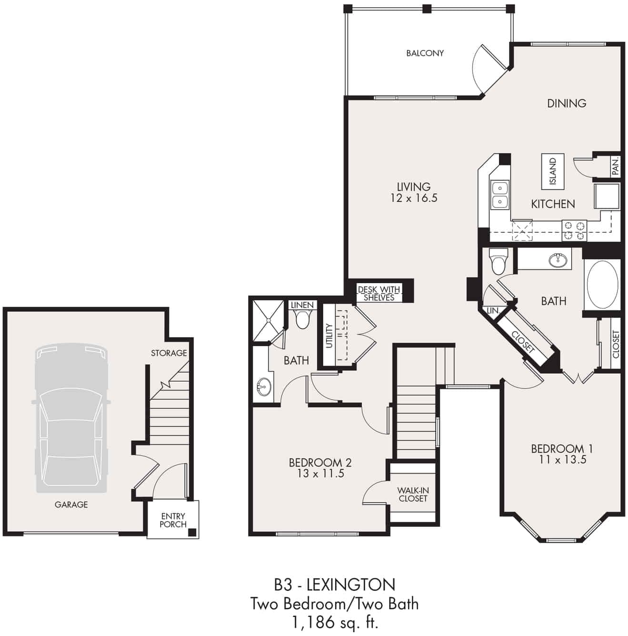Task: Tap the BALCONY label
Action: [x=425, y=53]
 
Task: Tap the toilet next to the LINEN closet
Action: [x=302, y=318]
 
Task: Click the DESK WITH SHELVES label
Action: [x=379, y=293]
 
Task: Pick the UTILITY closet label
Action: [x=329, y=336]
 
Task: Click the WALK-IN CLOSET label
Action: [x=413, y=495]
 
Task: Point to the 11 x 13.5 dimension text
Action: [x=562, y=460]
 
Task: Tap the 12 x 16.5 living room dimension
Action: [x=413, y=198]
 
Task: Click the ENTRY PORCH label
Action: [x=173, y=520]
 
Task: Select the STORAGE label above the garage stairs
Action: [x=169, y=353]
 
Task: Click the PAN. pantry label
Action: [x=615, y=166]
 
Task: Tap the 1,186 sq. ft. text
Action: [x=334, y=622]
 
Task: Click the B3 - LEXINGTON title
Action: [x=334, y=584]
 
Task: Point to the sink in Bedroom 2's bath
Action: [x=263, y=386]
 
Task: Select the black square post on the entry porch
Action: [x=192, y=533]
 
